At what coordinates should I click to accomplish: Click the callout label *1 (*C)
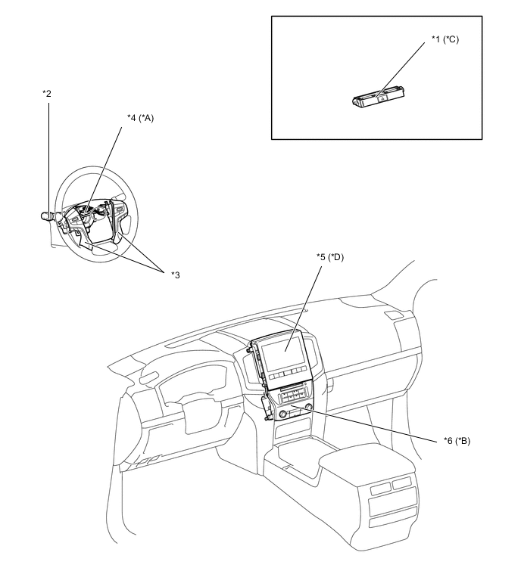pyautogui.click(x=445, y=39)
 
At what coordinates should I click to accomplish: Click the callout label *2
pyautogui.click(x=47, y=94)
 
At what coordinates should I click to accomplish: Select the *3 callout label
pyautogui.click(x=176, y=275)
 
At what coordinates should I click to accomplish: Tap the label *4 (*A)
pyautogui.click(x=140, y=118)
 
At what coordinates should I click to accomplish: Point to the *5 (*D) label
pyautogui.click(x=330, y=257)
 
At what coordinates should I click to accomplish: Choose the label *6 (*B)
pyautogui.click(x=457, y=441)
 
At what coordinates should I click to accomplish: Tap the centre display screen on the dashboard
pyautogui.click(x=283, y=353)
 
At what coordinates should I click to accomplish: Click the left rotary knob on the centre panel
pyautogui.click(x=283, y=414)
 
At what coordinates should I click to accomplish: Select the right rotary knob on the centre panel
pyautogui.click(x=309, y=406)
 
